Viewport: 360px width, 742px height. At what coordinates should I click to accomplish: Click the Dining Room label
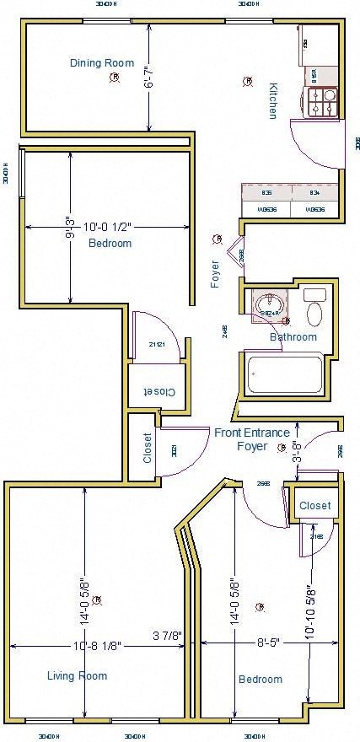pos(101,62)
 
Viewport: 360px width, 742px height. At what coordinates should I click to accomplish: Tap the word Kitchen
pos(272,100)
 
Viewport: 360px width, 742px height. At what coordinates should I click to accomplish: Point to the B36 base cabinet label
pos(266,193)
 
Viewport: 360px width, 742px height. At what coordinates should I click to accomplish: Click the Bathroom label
pos(293,337)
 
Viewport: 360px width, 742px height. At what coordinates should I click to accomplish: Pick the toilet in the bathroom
pos(314,309)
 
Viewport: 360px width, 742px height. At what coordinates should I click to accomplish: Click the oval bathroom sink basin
pos(270,304)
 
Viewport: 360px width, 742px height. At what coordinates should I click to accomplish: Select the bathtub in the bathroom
pos(285,373)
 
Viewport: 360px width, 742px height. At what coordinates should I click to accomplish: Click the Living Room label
pos(77,675)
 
